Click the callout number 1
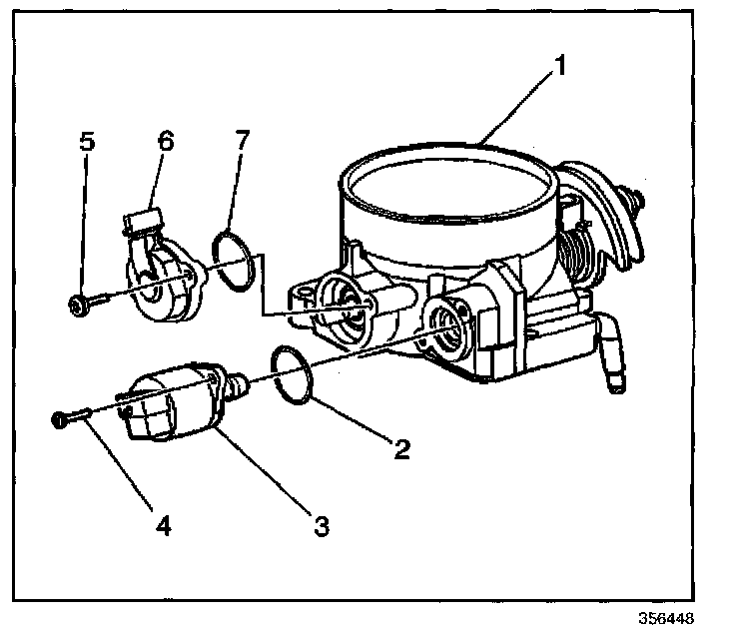(x=561, y=67)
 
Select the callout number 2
(x=401, y=449)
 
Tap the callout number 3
(x=319, y=522)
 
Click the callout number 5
(x=88, y=141)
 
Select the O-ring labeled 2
(x=293, y=377)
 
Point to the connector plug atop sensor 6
(x=140, y=219)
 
